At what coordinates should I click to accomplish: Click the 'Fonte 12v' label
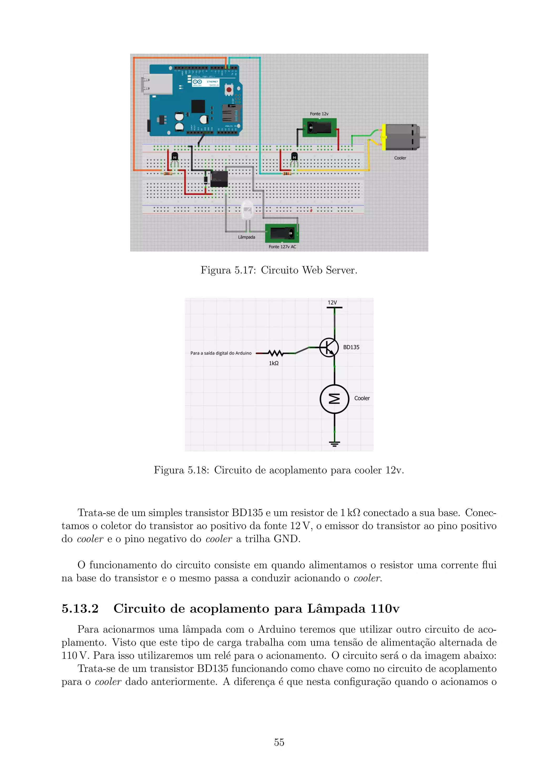point(319,114)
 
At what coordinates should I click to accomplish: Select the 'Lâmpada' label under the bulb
point(246,237)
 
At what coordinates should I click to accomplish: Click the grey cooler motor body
point(401,137)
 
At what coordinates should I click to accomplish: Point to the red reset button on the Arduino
point(229,90)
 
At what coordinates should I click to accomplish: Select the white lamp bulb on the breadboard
point(247,210)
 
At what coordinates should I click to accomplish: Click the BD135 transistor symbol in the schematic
point(329,348)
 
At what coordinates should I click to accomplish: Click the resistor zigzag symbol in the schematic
point(275,353)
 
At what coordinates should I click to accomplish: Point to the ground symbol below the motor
point(334,444)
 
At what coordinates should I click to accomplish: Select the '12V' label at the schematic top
point(332,303)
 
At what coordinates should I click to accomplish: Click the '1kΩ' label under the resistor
point(274,363)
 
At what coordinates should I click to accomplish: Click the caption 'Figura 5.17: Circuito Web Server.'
point(279,270)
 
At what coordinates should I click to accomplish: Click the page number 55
point(279,742)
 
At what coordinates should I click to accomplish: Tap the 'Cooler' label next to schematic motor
point(362,398)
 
